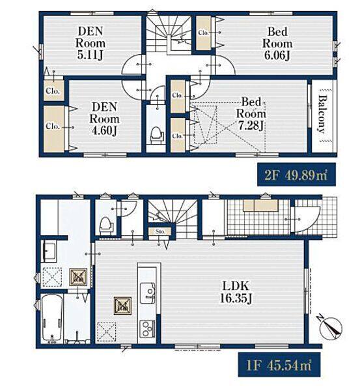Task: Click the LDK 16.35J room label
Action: pyautogui.click(x=235, y=292)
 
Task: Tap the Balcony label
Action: pyautogui.click(x=322, y=114)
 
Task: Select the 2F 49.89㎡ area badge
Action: pyautogui.click(x=296, y=175)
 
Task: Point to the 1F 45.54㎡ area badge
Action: pyautogui.click(x=279, y=364)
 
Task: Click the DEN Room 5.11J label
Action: pyautogui.click(x=90, y=43)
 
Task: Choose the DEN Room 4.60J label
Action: pyautogui.click(x=104, y=119)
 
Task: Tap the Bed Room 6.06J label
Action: pyautogui.click(x=277, y=44)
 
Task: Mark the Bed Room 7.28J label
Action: pyautogui.click(x=251, y=114)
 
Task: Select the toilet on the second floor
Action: pyautogui.click(x=156, y=134)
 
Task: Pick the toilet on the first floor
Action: pyautogui.click(x=106, y=225)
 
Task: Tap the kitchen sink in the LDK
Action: pyautogui.click(x=147, y=293)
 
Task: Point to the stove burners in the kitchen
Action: pyautogui.click(x=147, y=328)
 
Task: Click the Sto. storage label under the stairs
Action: pyautogui.click(x=160, y=231)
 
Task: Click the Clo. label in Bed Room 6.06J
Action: pyautogui.click(x=204, y=33)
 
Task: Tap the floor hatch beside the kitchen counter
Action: pyautogui.click(x=106, y=332)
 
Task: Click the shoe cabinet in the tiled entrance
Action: pyautogui.click(x=260, y=205)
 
